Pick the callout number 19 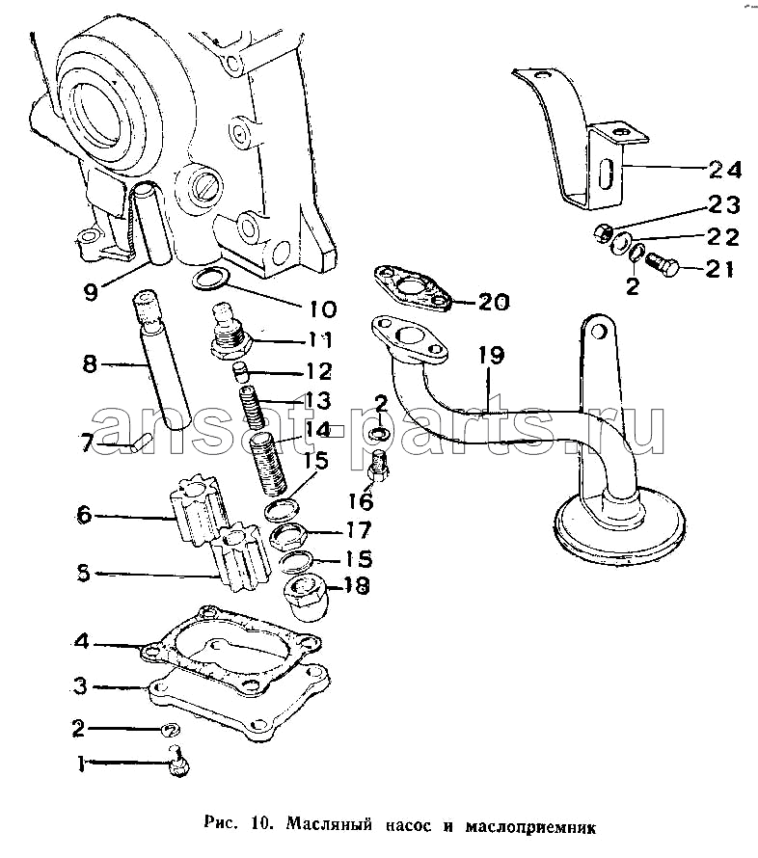tap(491, 355)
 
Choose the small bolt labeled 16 tap(379, 465)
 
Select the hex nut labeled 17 tap(287, 535)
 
